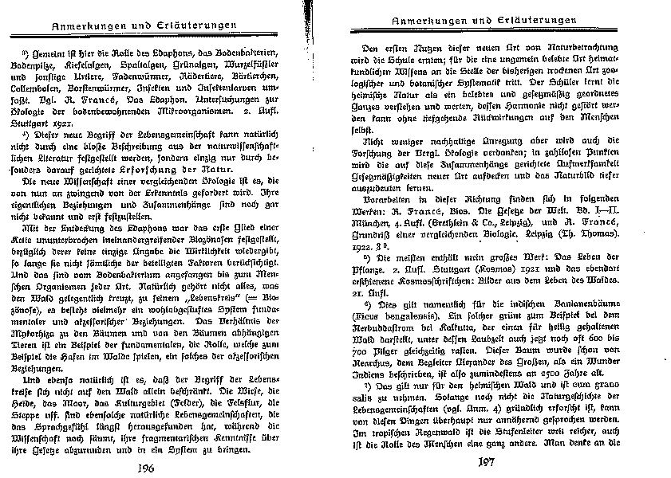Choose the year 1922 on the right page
(x=368, y=249)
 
